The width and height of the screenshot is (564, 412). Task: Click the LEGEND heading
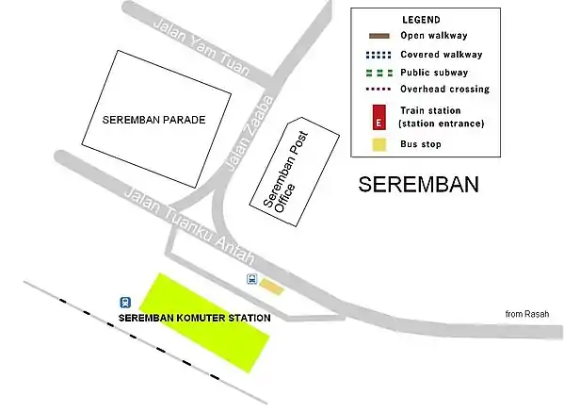[x=420, y=20]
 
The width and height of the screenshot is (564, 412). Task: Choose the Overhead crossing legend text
[x=444, y=90]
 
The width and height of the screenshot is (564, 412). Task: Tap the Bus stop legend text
[x=420, y=145]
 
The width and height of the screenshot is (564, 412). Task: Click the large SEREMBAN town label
[x=419, y=185]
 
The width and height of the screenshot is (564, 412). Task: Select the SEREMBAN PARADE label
[x=153, y=121]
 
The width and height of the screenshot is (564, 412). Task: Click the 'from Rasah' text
[x=527, y=314]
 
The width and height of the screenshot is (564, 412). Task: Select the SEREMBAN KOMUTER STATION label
[x=196, y=319]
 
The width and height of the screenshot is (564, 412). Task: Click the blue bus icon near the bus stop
[x=251, y=279]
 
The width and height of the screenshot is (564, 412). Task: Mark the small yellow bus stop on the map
[x=271, y=286]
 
